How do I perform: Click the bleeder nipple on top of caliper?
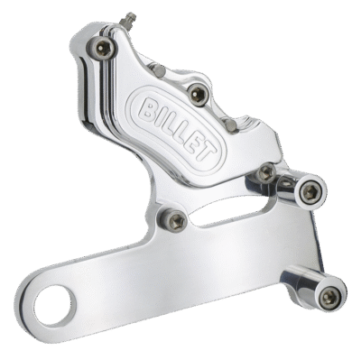[x=127, y=21]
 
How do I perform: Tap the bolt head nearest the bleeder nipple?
[x=103, y=49]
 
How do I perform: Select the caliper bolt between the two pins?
[x=199, y=94]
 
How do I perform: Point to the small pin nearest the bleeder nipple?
[x=158, y=70]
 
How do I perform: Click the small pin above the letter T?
[x=231, y=125]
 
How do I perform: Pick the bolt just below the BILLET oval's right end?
[x=266, y=172]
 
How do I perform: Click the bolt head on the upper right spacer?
[x=310, y=192]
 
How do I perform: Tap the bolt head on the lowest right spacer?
[x=330, y=297]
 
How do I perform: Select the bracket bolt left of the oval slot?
[x=175, y=221]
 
